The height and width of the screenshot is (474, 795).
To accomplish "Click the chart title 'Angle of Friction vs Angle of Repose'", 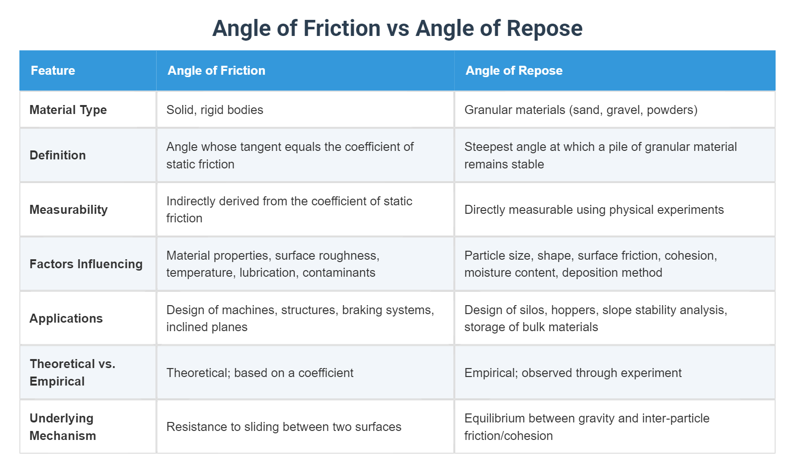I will [x=397, y=28].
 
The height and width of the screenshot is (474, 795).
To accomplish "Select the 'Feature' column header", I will [x=53, y=70].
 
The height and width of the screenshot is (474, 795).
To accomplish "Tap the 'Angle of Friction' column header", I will [x=216, y=70].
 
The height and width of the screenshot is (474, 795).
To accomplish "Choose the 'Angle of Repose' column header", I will [x=514, y=70].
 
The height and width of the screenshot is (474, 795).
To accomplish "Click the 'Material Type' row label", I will [x=68, y=110].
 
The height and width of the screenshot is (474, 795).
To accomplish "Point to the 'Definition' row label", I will [x=58, y=155].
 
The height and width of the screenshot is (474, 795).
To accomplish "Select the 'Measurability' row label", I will [x=69, y=210].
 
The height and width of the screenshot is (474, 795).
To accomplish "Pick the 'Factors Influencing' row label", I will [x=86, y=264].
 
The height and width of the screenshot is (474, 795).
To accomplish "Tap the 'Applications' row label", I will [x=66, y=318].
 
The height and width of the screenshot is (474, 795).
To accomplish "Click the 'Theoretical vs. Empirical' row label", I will [x=72, y=372].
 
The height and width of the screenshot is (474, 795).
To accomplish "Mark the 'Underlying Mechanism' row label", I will [x=62, y=427].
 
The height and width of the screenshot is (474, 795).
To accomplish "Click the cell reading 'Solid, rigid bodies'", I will [x=215, y=110].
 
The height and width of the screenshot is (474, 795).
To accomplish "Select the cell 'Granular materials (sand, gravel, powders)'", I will [x=581, y=110].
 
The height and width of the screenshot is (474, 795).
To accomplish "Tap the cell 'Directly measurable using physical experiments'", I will [x=594, y=210].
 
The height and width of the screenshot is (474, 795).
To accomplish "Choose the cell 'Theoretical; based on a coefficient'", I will [x=260, y=373].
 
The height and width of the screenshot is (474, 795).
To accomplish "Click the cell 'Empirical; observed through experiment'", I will [x=573, y=373].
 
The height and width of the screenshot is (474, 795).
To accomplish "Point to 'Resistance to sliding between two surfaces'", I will [x=283, y=427].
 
